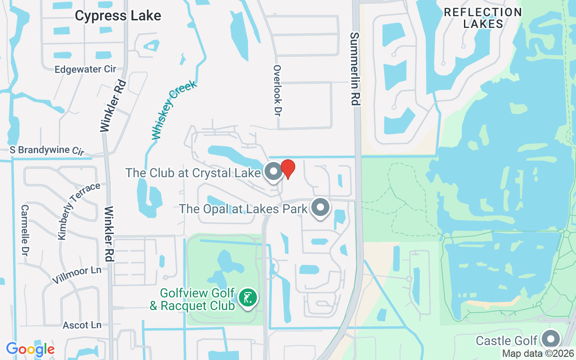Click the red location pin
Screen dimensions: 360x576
pyautogui.click(x=288, y=169)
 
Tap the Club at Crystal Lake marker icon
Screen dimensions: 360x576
pyautogui.click(x=273, y=171)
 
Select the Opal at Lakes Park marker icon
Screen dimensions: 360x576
pyautogui.click(x=320, y=207)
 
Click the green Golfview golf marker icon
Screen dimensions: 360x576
pyautogui.click(x=247, y=297)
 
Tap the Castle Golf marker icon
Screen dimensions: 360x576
pyautogui.click(x=550, y=339)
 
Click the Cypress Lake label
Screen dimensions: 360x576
pyautogui.click(x=118, y=16)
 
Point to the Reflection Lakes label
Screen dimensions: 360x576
pyautogui.click(x=483, y=18)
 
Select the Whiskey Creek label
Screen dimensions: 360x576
pyautogui.click(x=174, y=110)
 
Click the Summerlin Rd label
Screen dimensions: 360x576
pyautogui.click(x=355, y=69)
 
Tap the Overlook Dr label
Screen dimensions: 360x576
pyautogui.click(x=277, y=90)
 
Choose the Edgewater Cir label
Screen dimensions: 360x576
pyautogui.click(x=85, y=69)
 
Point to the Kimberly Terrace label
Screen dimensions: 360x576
pyautogui.click(x=79, y=211)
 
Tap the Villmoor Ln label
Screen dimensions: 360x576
pyautogui.click(x=76, y=274)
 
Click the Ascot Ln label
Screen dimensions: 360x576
pyautogui.click(x=82, y=325)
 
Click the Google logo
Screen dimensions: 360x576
pyautogui.click(x=30, y=349)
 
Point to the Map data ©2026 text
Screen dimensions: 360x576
pyautogui.click(x=538, y=354)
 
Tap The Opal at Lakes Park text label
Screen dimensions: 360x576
pyautogui.click(x=243, y=209)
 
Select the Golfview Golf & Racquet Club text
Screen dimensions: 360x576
pyautogui.click(x=193, y=300)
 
